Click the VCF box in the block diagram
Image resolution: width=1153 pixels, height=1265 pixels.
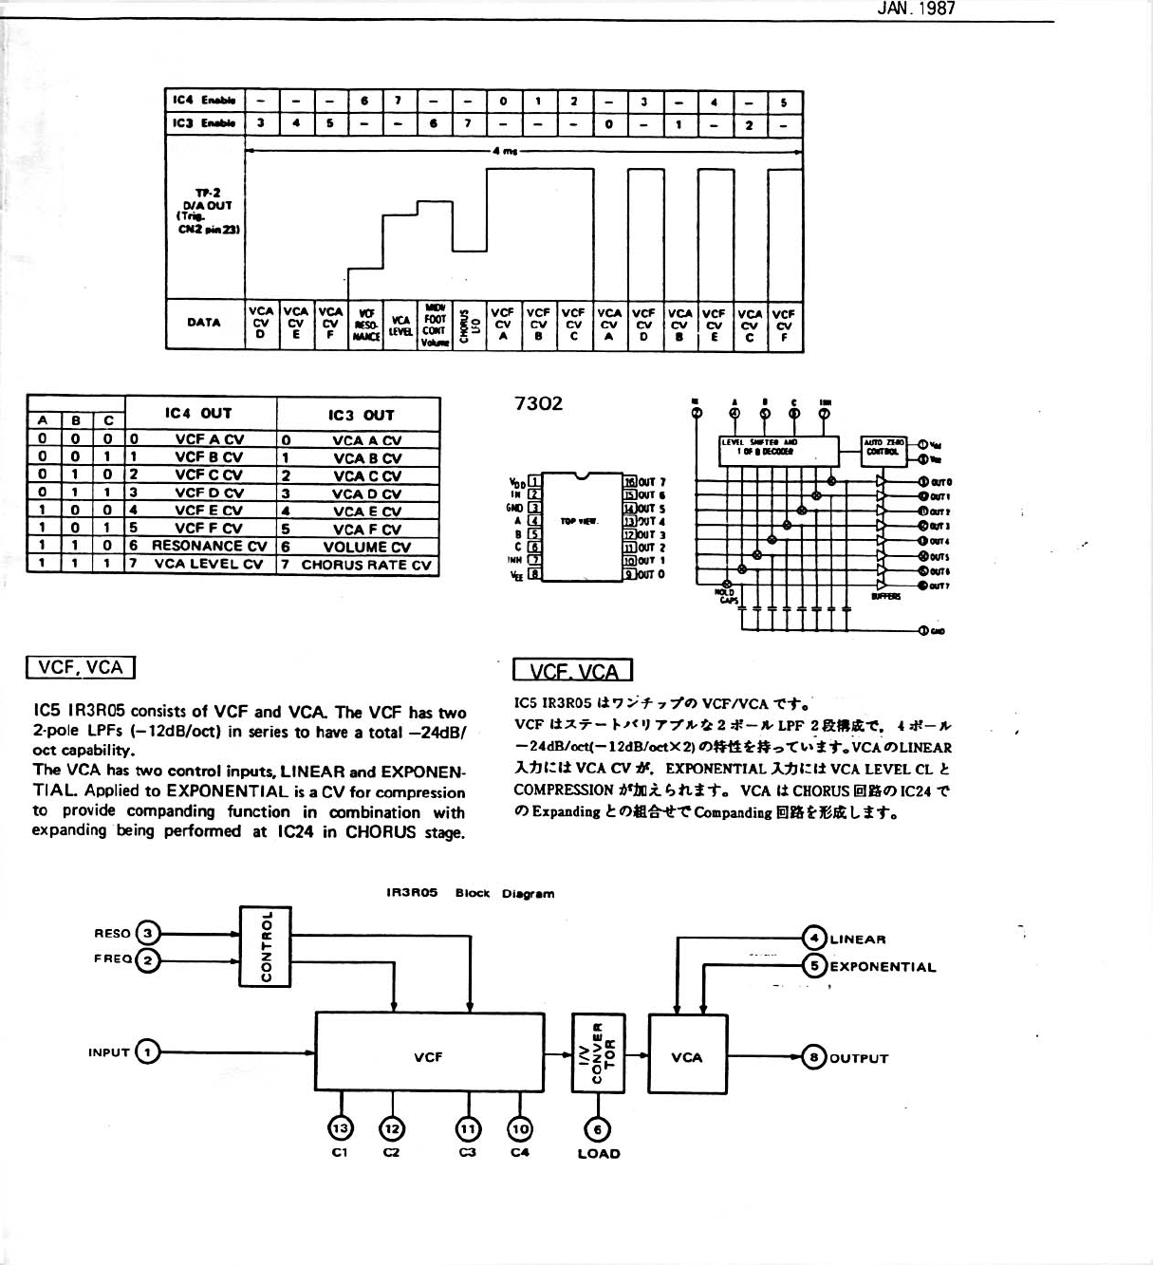tap(429, 1053)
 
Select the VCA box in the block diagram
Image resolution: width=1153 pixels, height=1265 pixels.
tap(687, 1055)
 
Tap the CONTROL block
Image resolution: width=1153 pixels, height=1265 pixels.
tap(266, 946)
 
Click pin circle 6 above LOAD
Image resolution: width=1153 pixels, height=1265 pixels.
tap(598, 1128)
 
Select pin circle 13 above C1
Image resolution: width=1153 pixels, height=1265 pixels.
tap(340, 1127)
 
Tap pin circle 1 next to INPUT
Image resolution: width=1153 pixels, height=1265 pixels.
tap(147, 1051)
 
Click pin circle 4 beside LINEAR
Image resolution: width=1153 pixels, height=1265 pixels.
tap(814, 938)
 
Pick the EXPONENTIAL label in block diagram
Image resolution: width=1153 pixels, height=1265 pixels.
tap(883, 967)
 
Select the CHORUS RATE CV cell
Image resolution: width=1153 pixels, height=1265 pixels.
tap(365, 565)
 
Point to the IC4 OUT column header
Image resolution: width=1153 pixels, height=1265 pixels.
tap(198, 413)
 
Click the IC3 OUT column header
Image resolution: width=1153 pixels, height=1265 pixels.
tap(361, 415)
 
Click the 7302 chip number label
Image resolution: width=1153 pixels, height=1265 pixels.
tap(537, 403)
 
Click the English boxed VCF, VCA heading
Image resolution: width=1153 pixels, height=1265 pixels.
tap(81, 667)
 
